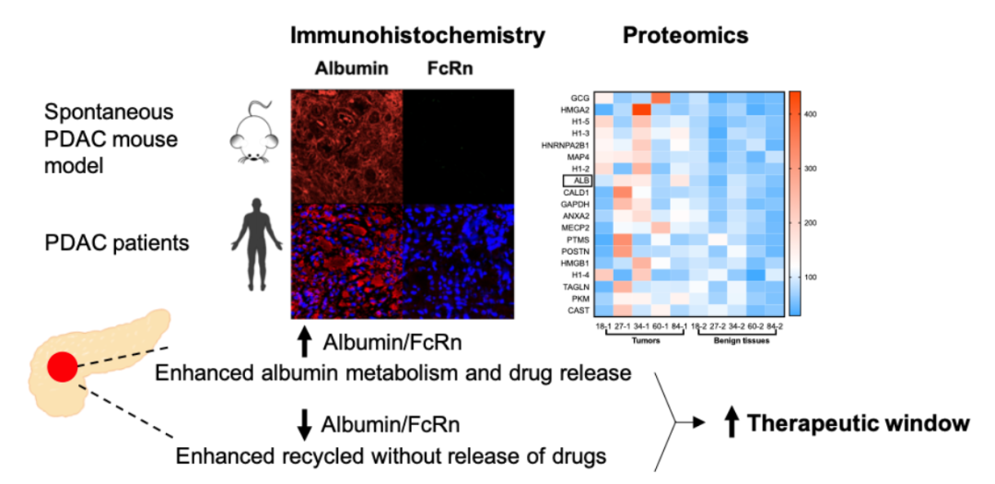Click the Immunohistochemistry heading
[x=417, y=36]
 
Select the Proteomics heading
[x=685, y=36]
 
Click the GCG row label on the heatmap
[x=579, y=97]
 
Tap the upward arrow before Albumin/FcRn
[x=305, y=343]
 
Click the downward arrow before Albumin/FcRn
[x=305, y=423]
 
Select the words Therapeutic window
[x=858, y=423]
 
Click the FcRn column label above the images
[x=447, y=69]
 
